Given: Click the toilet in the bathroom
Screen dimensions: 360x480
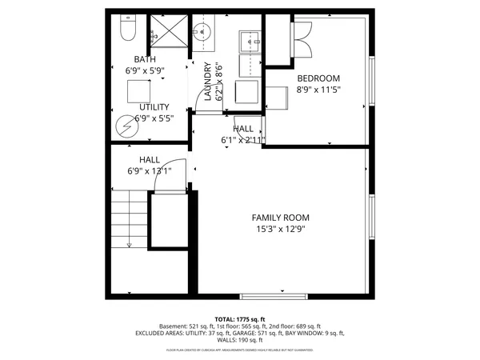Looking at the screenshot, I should (x=127, y=30).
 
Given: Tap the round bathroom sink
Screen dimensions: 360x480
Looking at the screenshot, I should (x=200, y=34).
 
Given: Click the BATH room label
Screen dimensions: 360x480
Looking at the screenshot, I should (x=145, y=59).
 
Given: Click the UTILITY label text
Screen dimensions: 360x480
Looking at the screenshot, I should (x=154, y=107).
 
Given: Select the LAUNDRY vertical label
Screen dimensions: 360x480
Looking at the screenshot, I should (x=207, y=82).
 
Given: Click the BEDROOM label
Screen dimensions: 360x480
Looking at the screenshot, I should (x=318, y=78).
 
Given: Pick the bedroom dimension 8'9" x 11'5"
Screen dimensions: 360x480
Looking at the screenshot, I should (x=318, y=90).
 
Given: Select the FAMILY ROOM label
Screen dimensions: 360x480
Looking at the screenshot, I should (x=280, y=218).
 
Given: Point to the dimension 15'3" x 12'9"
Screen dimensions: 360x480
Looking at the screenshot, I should (x=280, y=230).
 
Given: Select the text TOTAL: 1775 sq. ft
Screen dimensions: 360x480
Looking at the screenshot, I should (x=240, y=319).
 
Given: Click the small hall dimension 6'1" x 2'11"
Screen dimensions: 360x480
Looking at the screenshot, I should (x=243, y=140).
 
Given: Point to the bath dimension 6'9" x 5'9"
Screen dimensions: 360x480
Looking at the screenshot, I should (x=145, y=70).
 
